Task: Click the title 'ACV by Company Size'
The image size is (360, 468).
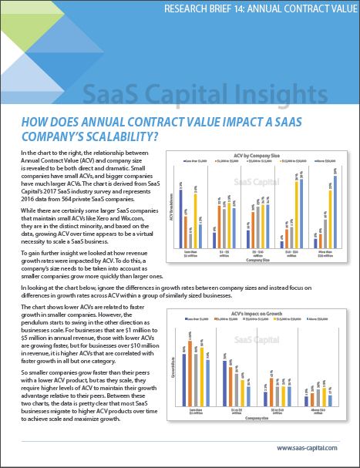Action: [251, 154]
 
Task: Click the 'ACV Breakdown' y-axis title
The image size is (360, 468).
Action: [171, 202]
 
